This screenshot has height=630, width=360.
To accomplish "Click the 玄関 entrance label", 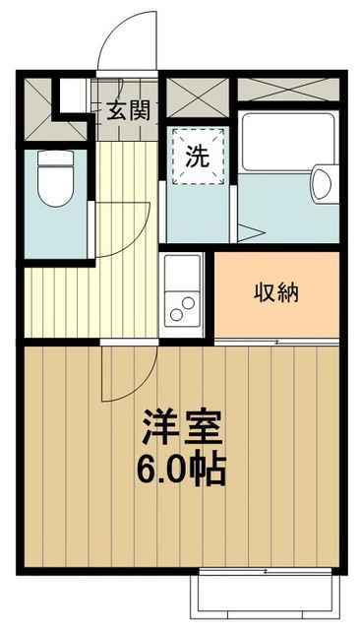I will [128, 109].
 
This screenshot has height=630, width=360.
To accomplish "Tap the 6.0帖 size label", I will [183, 469].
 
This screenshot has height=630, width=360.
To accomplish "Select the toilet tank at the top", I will [49, 159].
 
